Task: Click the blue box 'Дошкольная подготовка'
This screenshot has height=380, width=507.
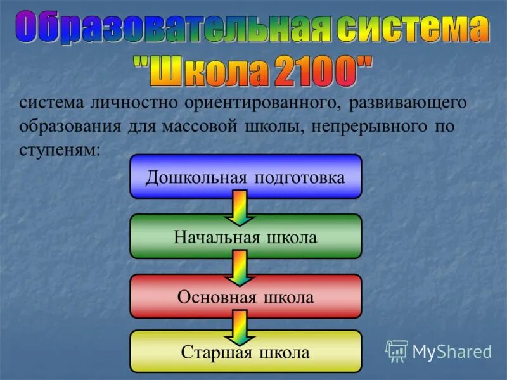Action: coord(245,177)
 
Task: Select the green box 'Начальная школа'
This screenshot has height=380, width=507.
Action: coord(245,237)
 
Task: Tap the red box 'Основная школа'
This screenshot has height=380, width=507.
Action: coord(245,296)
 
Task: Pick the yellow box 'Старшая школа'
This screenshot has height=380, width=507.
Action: coord(245,351)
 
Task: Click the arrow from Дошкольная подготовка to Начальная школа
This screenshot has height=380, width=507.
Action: coord(239,207)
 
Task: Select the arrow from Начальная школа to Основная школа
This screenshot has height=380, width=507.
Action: coord(239,267)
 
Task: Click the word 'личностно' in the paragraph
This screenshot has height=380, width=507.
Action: coord(132,103)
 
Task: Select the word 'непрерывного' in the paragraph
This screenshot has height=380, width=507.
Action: coord(357,125)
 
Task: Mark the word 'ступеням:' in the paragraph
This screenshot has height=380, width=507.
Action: coord(60,148)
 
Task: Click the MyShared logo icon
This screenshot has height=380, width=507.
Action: coord(397,350)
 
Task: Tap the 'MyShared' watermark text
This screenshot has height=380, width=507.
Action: coord(452,351)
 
